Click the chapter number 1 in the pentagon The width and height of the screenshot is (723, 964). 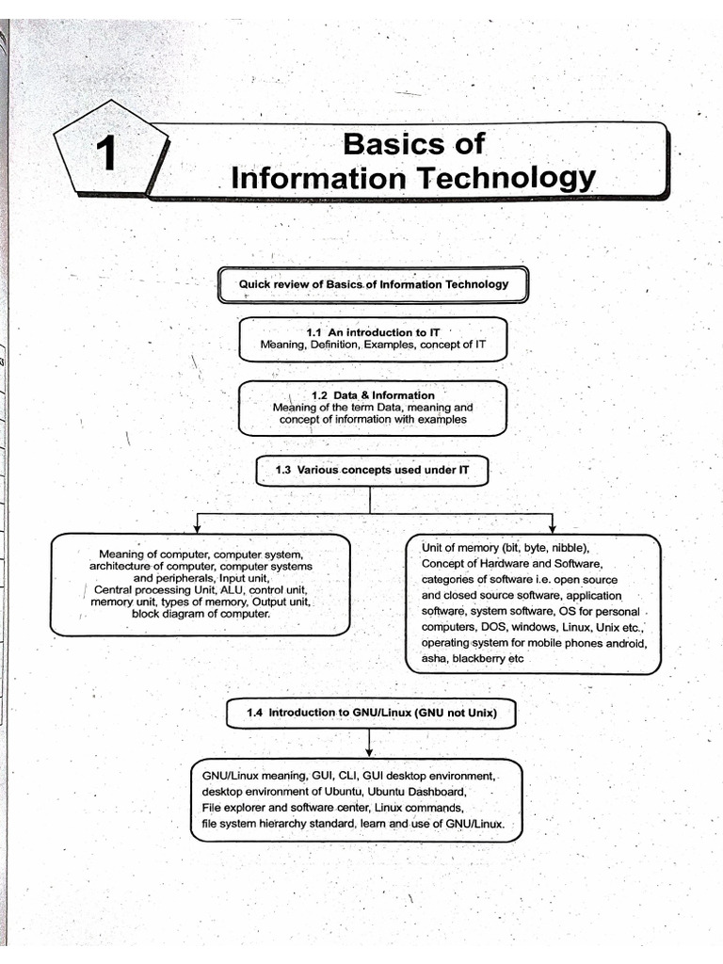110,154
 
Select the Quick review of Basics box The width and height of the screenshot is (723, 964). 373,284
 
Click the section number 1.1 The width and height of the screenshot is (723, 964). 314,333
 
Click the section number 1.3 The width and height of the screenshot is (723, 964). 283,468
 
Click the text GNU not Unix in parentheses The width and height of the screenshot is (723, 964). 455,714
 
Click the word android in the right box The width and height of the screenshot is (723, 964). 625,643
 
